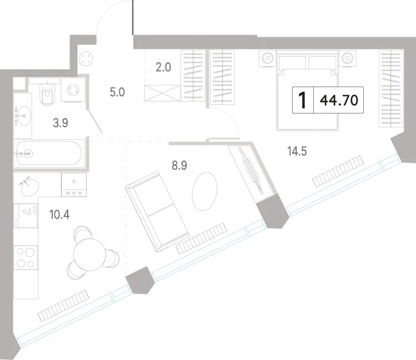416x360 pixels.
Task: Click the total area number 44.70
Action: point(339,100)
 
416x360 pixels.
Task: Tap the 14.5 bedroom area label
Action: point(297,151)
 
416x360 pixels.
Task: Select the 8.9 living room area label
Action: point(180,166)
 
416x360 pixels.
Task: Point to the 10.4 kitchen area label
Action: point(60,214)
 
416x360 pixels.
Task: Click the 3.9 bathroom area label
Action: point(60,123)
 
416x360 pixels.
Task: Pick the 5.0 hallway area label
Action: point(117,92)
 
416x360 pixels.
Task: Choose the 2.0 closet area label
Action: point(163,67)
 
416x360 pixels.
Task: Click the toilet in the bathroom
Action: point(48,92)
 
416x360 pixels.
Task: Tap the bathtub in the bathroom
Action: point(49,153)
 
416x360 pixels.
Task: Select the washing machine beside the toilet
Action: point(73,89)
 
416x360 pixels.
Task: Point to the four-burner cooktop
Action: point(25,257)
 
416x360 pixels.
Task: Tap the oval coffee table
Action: point(204,191)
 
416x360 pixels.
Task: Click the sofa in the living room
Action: point(157,212)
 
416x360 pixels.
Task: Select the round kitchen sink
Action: point(29,187)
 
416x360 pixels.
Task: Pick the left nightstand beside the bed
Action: point(268,58)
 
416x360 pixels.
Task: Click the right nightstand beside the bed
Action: point(347,58)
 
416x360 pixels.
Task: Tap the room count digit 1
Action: point(302,100)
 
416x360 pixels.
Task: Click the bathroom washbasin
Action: point(23,116)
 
